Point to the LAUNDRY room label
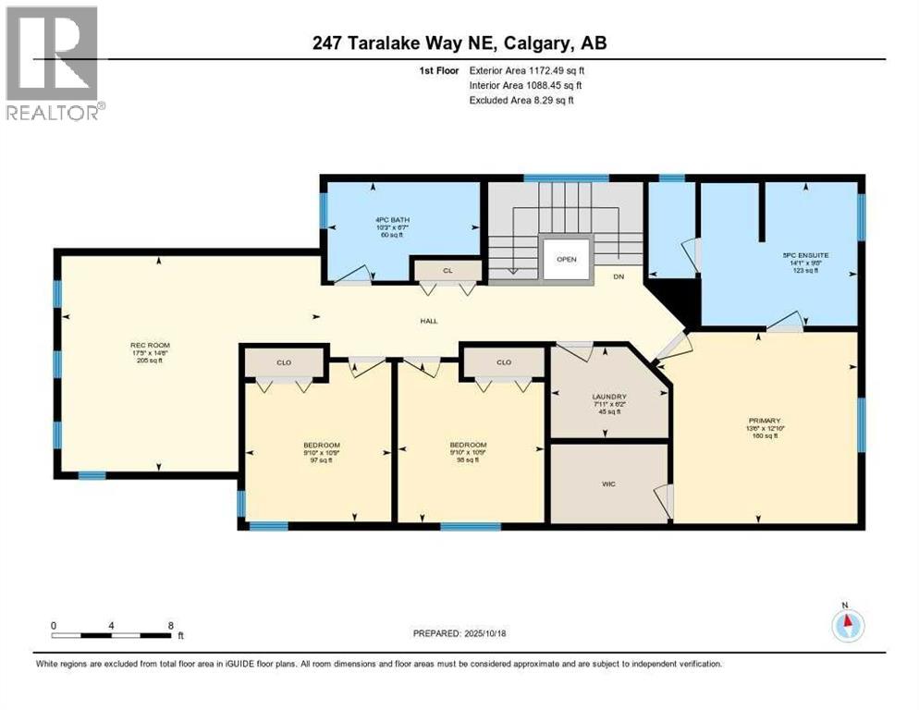tap(609, 398)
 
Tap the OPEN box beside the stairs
tap(566, 259)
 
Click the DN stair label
tap(619, 276)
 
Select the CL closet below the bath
tap(447, 270)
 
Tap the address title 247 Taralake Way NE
tap(459, 43)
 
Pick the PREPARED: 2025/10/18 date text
tap(459, 634)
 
